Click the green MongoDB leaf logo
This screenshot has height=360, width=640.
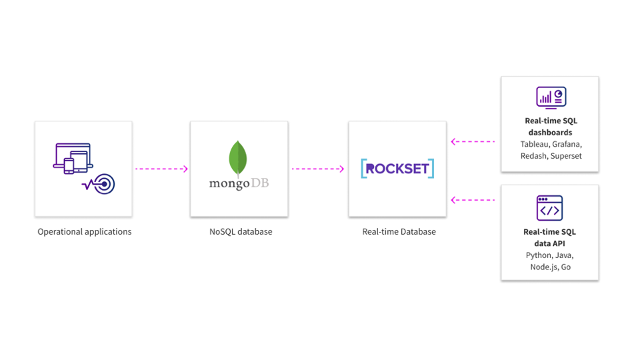pos(238,159)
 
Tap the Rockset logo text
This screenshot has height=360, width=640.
pos(397,169)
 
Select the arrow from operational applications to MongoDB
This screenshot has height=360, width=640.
pos(161,169)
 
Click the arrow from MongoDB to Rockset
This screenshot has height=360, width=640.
pos(318,169)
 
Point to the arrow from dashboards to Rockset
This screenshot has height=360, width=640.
pos(473,141)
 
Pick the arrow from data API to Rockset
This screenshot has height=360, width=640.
pos(473,199)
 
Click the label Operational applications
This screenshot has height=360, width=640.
pos(84,231)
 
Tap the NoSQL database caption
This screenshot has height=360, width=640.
pos(240,231)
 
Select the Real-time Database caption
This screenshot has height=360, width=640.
pos(399,231)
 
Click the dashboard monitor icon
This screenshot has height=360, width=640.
pos(551,98)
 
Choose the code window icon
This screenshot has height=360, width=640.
pos(549,209)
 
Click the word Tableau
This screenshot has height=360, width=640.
pos(535,144)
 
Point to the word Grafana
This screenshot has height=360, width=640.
pos(566,144)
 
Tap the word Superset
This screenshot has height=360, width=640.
pos(566,156)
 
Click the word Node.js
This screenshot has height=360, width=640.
pos(543,267)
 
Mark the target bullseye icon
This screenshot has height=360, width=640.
pos(104,185)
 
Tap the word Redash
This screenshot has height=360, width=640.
pos(533,156)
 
